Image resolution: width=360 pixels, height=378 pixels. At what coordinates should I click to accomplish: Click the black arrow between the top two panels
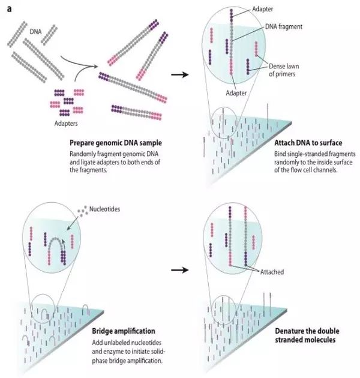(179, 76)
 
